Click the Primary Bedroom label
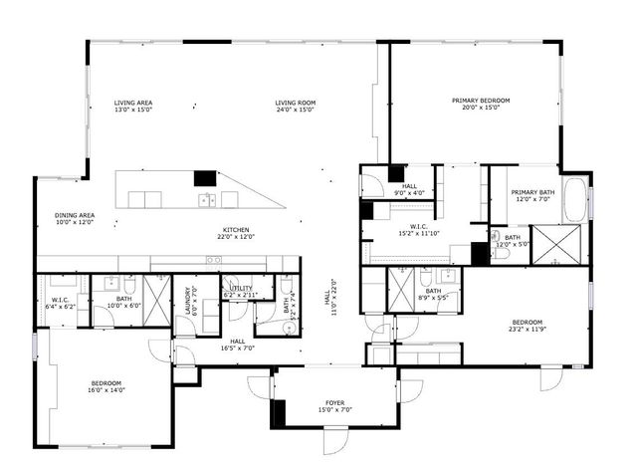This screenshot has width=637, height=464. coord(481,101)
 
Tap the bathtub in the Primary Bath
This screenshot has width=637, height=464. coord(576,199)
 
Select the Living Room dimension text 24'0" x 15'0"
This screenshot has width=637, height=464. coord(295,110)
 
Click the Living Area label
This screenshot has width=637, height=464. coord(132,102)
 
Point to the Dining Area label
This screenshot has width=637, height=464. coord(74,215)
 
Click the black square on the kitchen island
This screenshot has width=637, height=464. coord(205,177)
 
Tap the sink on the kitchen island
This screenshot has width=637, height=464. coord(207,199)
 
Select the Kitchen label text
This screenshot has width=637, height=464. coord(235,229)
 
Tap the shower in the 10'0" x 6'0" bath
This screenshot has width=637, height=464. coord(156,295)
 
